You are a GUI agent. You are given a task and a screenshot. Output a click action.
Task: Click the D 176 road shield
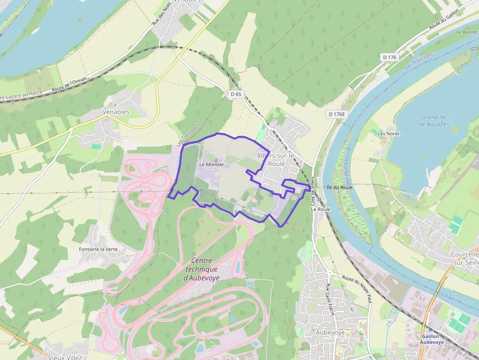click(390, 57)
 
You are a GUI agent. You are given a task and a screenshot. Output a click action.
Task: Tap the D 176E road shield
click(337, 114)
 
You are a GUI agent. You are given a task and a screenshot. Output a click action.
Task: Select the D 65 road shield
click(236, 94)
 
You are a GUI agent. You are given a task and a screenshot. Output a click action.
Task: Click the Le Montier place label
click(212, 165)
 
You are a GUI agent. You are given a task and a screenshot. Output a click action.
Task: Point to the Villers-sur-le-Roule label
click(277, 159)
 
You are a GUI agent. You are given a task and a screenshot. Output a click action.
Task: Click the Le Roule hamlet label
click(321, 209)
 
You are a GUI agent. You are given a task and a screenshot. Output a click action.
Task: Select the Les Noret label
click(389, 133)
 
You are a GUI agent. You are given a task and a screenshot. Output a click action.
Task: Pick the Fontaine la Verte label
click(98, 249)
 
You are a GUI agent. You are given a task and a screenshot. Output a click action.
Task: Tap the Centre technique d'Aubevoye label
click(201, 269)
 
